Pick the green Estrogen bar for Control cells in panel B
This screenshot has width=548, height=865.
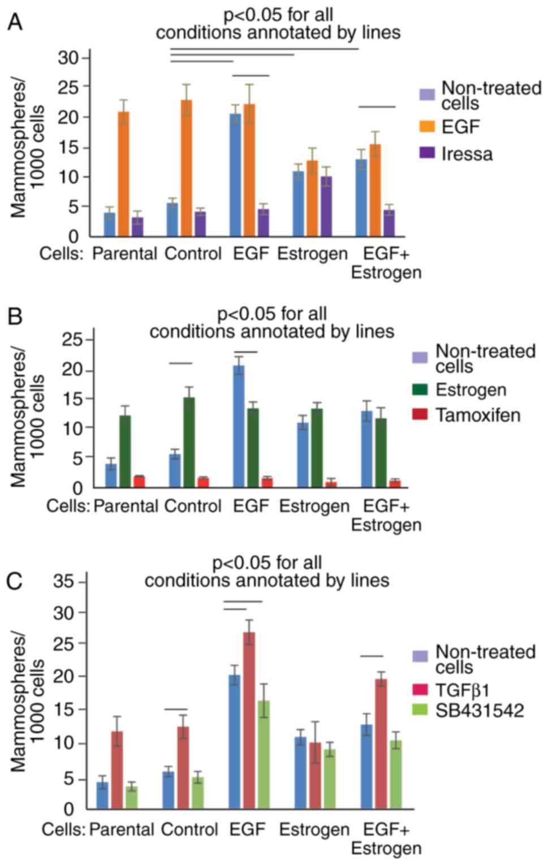tap(189, 442)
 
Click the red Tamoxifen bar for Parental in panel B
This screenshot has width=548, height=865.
tap(139, 481)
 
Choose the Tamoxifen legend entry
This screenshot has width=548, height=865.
tap(478, 415)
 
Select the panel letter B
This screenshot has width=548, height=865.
tap(15, 317)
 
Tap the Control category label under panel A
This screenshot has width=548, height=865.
tap(193, 254)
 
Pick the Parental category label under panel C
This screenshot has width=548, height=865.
tap(122, 829)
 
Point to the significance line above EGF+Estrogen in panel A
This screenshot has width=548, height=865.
tap(377, 106)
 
